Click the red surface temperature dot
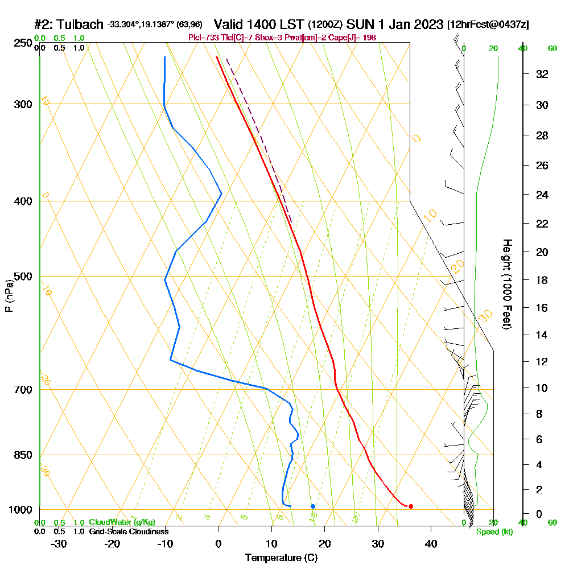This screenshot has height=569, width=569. (411, 506)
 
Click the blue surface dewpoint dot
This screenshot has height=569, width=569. (313, 506)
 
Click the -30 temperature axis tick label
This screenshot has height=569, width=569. (59, 543)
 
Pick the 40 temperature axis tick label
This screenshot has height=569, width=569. (431, 543)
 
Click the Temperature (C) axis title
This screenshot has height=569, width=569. (281, 558)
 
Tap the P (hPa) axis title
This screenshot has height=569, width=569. (9, 295)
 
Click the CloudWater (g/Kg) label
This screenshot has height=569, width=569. (122, 522)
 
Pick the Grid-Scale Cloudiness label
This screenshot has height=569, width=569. (128, 531)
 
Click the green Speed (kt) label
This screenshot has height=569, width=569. (494, 532)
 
